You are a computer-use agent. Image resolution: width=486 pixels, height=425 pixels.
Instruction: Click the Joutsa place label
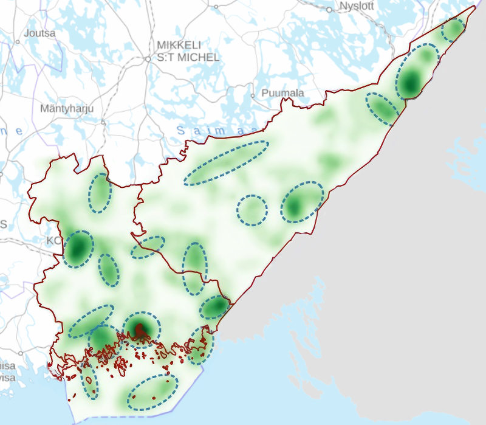(x=39, y=33)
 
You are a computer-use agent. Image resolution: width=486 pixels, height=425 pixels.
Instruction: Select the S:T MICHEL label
(x=188, y=58)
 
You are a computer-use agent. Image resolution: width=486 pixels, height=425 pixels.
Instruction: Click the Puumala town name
(x=282, y=93)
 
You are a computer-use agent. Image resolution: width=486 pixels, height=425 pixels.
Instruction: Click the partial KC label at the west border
(x=53, y=241)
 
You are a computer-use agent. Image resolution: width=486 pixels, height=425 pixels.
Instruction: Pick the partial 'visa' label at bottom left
(x=6, y=377)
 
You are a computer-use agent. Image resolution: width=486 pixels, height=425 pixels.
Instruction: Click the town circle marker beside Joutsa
(x=18, y=41)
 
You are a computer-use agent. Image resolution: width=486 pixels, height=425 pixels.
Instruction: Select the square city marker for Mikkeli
(x=148, y=59)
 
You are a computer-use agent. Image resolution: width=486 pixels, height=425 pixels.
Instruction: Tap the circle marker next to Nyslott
(x=329, y=10)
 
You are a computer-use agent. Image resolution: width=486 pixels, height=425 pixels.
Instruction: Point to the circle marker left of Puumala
(x=253, y=95)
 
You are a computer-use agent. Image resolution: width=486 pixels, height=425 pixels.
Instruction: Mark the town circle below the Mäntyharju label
(x=103, y=122)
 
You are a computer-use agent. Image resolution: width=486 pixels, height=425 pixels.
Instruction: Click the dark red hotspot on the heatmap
(x=140, y=330)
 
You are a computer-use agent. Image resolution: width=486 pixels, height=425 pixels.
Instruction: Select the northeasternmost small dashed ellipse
(x=453, y=29)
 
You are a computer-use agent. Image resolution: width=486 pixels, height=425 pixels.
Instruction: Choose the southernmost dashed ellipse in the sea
(x=152, y=392)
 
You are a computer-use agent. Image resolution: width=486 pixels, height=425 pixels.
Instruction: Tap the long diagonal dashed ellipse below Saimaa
(x=226, y=162)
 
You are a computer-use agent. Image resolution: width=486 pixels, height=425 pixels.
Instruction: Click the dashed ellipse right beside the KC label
(x=79, y=249)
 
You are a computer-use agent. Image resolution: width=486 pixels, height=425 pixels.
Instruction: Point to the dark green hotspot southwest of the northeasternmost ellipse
(x=412, y=81)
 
